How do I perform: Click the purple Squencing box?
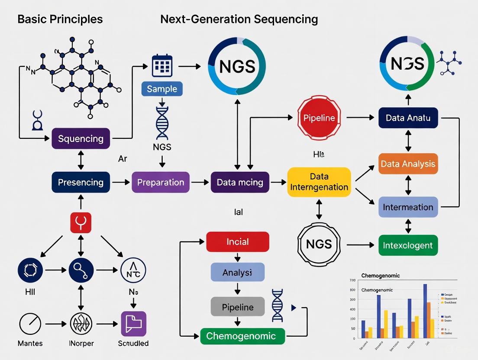(x=81, y=138)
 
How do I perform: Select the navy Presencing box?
(x=81, y=182)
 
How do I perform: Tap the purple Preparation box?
(x=161, y=182)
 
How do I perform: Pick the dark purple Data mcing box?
(x=240, y=182)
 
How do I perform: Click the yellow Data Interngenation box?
(x=319, y=182)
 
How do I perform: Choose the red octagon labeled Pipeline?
(x=319, y=117)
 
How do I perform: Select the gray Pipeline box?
(x=237, y=307)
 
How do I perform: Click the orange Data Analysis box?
(x=408, y=164)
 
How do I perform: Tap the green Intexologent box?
(x=408, y=245)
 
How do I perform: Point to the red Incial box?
(x=237, y=241)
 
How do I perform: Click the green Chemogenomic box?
(x=242, y=336)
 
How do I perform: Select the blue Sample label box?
(x=162, y=89)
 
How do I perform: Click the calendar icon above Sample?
(x=162, y=66)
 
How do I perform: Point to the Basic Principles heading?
(x=60, y=19)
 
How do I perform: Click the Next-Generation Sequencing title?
(x=239, y=19)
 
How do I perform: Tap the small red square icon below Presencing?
(x=81, y=223)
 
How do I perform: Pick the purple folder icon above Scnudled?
(x=133, y=324)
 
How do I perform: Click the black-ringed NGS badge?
(x=319, y=244)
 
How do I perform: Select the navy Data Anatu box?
(x=408, y=118)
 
